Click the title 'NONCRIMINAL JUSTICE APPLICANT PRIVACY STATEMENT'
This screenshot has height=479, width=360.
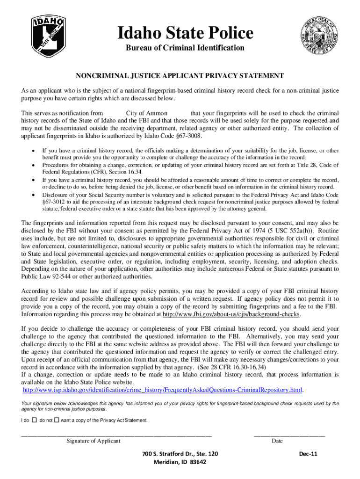[180, 75]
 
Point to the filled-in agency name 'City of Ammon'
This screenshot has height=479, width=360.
[147, 113]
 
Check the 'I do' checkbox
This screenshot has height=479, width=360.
[35, 420]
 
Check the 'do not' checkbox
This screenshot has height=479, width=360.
[57, 420]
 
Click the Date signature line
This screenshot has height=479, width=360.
[289, 435]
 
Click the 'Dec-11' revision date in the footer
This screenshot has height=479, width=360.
[307, 454]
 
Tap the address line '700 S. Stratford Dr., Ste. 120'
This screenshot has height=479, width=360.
[180, 454]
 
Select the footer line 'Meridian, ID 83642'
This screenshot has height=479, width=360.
[180, 462]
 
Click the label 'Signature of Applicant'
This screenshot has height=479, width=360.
[94, 441]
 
